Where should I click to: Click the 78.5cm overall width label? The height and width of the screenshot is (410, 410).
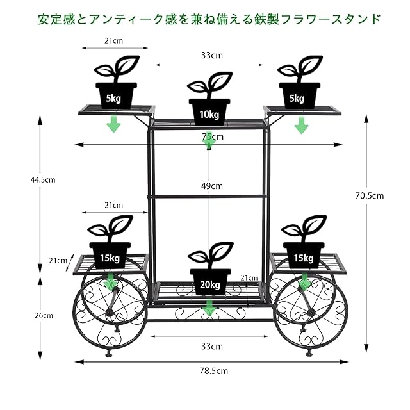coord(213,371)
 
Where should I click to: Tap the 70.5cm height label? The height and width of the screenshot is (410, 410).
coord(370,196)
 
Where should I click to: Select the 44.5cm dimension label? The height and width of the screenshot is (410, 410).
coord(43,180)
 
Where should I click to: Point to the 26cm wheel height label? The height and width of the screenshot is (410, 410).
coord(44,316)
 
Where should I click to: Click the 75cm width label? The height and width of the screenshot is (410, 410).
coord(213,136)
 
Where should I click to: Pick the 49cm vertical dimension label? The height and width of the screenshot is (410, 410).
coord(212,186)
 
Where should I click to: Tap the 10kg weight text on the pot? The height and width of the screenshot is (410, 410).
coord(209,115)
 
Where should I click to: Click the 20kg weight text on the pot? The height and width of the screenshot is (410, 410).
coord(210,284)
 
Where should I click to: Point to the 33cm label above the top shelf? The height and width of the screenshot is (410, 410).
coord(212,56)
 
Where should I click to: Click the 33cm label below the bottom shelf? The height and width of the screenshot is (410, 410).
coord(212,347)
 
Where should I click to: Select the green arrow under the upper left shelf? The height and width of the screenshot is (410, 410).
coord(114,124)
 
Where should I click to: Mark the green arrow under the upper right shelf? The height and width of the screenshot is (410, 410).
coord(302,126)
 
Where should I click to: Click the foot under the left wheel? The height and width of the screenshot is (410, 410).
coord(110,354)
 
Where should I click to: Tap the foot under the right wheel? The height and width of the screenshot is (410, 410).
coord(309,354)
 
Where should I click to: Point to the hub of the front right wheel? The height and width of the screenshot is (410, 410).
coord(311,313)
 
